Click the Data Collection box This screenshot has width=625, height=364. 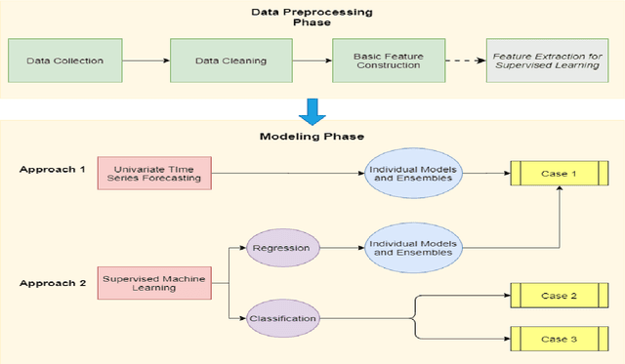[x=66, y=61]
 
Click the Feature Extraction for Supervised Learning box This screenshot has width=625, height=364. [x=546, y=61]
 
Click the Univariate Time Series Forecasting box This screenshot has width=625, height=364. [x=154, y=173]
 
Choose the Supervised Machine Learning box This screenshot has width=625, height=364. [x=154, y=282]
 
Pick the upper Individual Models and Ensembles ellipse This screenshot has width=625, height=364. [x=411, y=174]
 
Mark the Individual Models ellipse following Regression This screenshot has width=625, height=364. [x=411, y=248]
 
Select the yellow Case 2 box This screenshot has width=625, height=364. [x=560, y=295]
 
